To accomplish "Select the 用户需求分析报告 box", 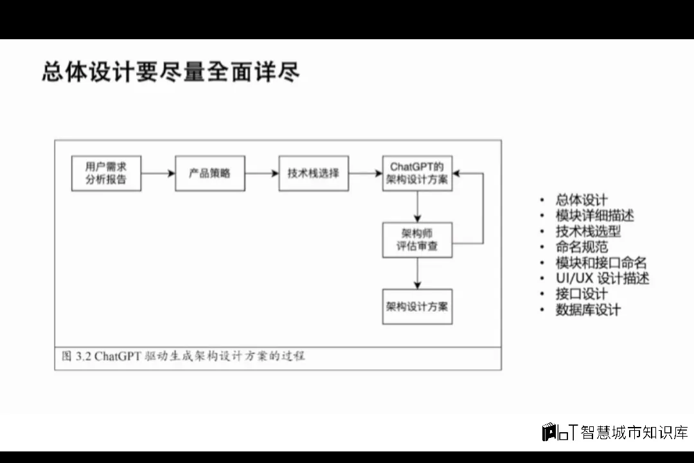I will pos(106,173).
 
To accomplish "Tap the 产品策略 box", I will pos(209,173).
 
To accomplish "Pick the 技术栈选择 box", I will pos(314,173).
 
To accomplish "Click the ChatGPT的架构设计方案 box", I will pos(417,173).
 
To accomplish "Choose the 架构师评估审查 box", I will pos(417,240).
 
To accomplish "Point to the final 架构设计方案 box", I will pos(417,306).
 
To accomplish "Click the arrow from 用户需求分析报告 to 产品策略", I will pos(158,173).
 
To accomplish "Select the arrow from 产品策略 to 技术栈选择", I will pos(262,173).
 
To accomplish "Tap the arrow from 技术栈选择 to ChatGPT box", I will pos(365,173).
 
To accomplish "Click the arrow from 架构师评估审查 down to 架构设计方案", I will pos(418,273).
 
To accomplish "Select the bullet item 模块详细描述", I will pos(595,215).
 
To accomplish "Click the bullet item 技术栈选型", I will pos(588,231).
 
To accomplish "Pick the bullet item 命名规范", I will pos(582,247).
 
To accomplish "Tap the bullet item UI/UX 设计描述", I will pos(602,278).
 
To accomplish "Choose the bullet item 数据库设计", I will pos(588,309).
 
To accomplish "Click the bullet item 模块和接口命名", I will pos(601,262).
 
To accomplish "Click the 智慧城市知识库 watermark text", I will pos(634,433).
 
